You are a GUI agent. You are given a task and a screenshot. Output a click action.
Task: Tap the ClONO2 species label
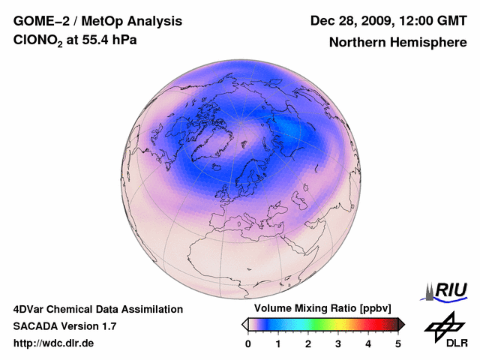(37, 41)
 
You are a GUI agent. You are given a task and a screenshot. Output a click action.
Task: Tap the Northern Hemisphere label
(398, 42)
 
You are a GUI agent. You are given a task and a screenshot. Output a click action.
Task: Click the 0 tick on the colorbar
(248, 343)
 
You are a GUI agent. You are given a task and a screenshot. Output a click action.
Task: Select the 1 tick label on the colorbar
(278, 343)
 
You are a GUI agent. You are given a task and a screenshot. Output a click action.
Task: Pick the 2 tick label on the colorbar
(308, 343)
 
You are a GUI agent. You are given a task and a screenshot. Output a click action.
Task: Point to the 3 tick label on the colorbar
(338, 343)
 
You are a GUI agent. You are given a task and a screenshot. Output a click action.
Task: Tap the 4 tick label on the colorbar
(368, 343)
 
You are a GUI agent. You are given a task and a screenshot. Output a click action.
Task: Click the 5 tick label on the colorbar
(398, 343)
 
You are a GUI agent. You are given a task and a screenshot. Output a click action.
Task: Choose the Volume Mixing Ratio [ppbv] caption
(319, 309)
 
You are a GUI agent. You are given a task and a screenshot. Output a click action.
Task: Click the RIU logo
(447, 290)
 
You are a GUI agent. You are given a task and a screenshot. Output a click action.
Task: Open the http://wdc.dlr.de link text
(54, 343)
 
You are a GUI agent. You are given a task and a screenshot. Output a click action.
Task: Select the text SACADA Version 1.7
(65, 326)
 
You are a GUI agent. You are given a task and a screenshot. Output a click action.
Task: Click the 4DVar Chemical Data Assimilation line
(98, 309)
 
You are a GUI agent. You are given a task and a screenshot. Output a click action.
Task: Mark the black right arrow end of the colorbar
(401, 324)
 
